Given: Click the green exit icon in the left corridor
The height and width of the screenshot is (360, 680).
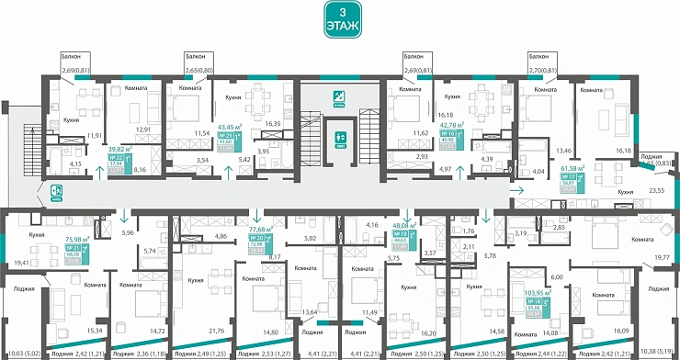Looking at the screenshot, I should click(x=56, y=190).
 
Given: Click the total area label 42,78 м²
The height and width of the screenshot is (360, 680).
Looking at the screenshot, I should click(x=451, y=125).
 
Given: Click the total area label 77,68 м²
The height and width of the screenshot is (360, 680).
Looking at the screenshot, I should click(x=262, y=231).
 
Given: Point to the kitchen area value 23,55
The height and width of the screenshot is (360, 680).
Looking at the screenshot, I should click(x=657, y=191).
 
